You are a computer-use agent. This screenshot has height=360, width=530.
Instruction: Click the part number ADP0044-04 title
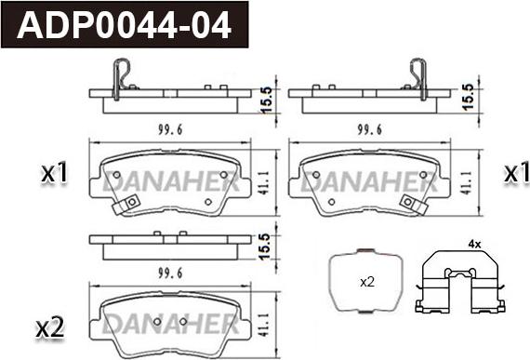click(124, 25)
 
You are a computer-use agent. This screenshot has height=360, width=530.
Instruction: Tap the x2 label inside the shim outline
click(367, 282)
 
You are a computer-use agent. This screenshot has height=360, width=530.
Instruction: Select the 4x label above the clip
click(474, 244)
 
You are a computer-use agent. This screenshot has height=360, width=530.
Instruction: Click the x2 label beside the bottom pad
click(50, 328)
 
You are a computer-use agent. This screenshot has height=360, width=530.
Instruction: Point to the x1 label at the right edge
click(516, 173)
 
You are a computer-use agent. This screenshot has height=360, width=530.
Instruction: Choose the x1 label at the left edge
click(54, 173)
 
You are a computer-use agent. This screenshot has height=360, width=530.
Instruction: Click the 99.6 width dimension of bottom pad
click(170, 273)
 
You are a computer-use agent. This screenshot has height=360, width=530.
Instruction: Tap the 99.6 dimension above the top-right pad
click(370, 129)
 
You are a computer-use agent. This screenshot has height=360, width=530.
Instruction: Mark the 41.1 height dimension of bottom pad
click(265, 325)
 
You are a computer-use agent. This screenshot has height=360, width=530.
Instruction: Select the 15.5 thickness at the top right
click(469, 97)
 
